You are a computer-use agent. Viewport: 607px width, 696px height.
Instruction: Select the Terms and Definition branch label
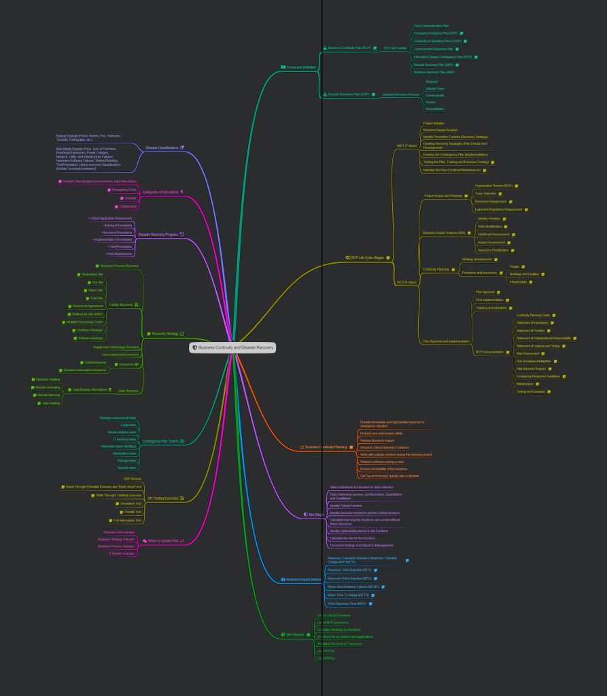[301, 67]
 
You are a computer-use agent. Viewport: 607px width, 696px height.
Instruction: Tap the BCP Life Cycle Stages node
[367, 258]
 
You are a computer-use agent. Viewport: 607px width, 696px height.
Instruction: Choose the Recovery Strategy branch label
[165, 334]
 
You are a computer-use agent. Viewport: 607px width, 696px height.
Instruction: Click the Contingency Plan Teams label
[160, 441]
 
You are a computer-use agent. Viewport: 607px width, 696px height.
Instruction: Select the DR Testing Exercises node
[163, 498]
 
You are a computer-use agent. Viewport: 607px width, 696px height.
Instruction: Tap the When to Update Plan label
[163, 541]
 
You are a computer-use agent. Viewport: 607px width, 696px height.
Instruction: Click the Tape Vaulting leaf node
[51, 403]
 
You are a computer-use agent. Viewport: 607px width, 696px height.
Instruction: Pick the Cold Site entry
[97, 298]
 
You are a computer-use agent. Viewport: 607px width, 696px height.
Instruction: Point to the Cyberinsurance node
[95, 362]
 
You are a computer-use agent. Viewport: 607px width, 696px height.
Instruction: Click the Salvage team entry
[127, 460]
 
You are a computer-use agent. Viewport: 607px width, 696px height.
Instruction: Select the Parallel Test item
[133, 512]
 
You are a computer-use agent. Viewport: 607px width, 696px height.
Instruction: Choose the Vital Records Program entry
[531, 368]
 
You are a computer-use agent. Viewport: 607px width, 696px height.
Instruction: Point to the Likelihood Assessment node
[493, 234]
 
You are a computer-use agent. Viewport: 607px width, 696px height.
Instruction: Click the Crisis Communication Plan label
[431, 25]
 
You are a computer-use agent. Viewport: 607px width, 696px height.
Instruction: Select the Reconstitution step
[434, 109]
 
